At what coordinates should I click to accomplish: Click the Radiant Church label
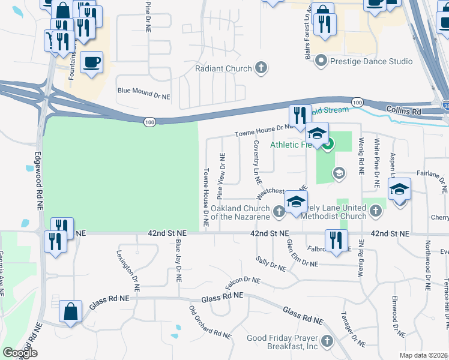(x=223, y=68)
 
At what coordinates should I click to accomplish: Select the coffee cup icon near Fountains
(x=91, y=62)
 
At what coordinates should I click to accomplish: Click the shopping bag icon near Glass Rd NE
(x=70, y=311)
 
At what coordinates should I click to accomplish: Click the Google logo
(x=20, y=353)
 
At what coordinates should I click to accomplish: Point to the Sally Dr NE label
(x=271, y=264)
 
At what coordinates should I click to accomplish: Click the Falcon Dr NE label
(x=243, y=280)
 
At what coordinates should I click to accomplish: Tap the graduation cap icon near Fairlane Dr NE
(x=399, y=190)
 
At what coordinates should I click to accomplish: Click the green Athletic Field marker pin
(x=328, y=144)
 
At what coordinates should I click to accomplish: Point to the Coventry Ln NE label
(x=257, y=163)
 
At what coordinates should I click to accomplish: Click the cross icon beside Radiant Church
(x=261, y=68)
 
